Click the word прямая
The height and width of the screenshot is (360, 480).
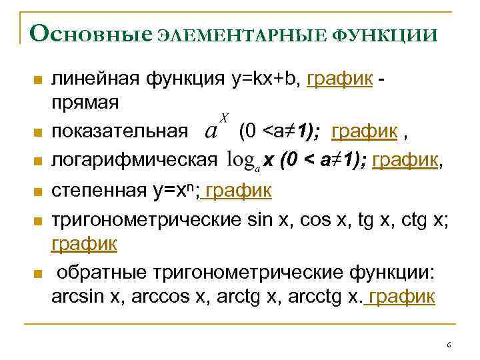[x=85, y=104]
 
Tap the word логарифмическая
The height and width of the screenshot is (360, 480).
[x=134, y=160]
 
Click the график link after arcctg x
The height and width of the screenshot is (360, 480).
[x=401, y=296]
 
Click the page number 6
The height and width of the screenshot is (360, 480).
[x=448, y=345]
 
